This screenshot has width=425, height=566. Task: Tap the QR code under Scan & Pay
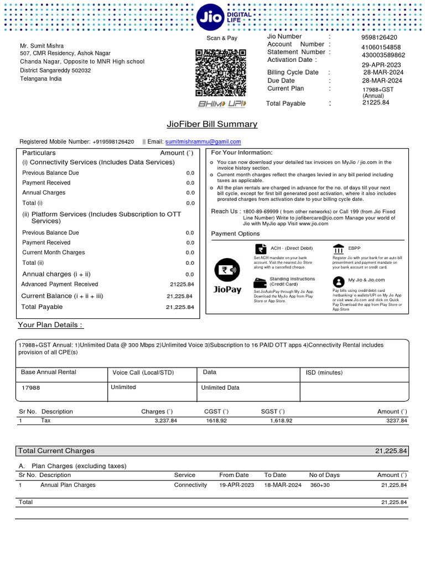221,72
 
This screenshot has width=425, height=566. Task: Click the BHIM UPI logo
222,104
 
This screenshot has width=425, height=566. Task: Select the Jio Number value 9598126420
379,38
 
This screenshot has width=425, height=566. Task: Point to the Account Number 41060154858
381,48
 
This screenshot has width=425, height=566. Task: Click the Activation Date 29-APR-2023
382,65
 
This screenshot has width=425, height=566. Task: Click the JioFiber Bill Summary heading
212,124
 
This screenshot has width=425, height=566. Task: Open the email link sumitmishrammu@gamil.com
203,142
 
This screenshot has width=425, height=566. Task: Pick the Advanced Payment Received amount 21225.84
182,284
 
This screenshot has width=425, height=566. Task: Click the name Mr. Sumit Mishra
42,45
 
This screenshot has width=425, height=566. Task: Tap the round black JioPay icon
227,270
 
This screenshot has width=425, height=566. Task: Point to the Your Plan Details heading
50,324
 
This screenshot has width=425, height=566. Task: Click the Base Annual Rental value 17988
30,388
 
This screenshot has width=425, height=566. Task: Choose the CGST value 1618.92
216,421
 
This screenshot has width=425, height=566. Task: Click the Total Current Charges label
56,450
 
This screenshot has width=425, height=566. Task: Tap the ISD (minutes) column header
324,373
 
